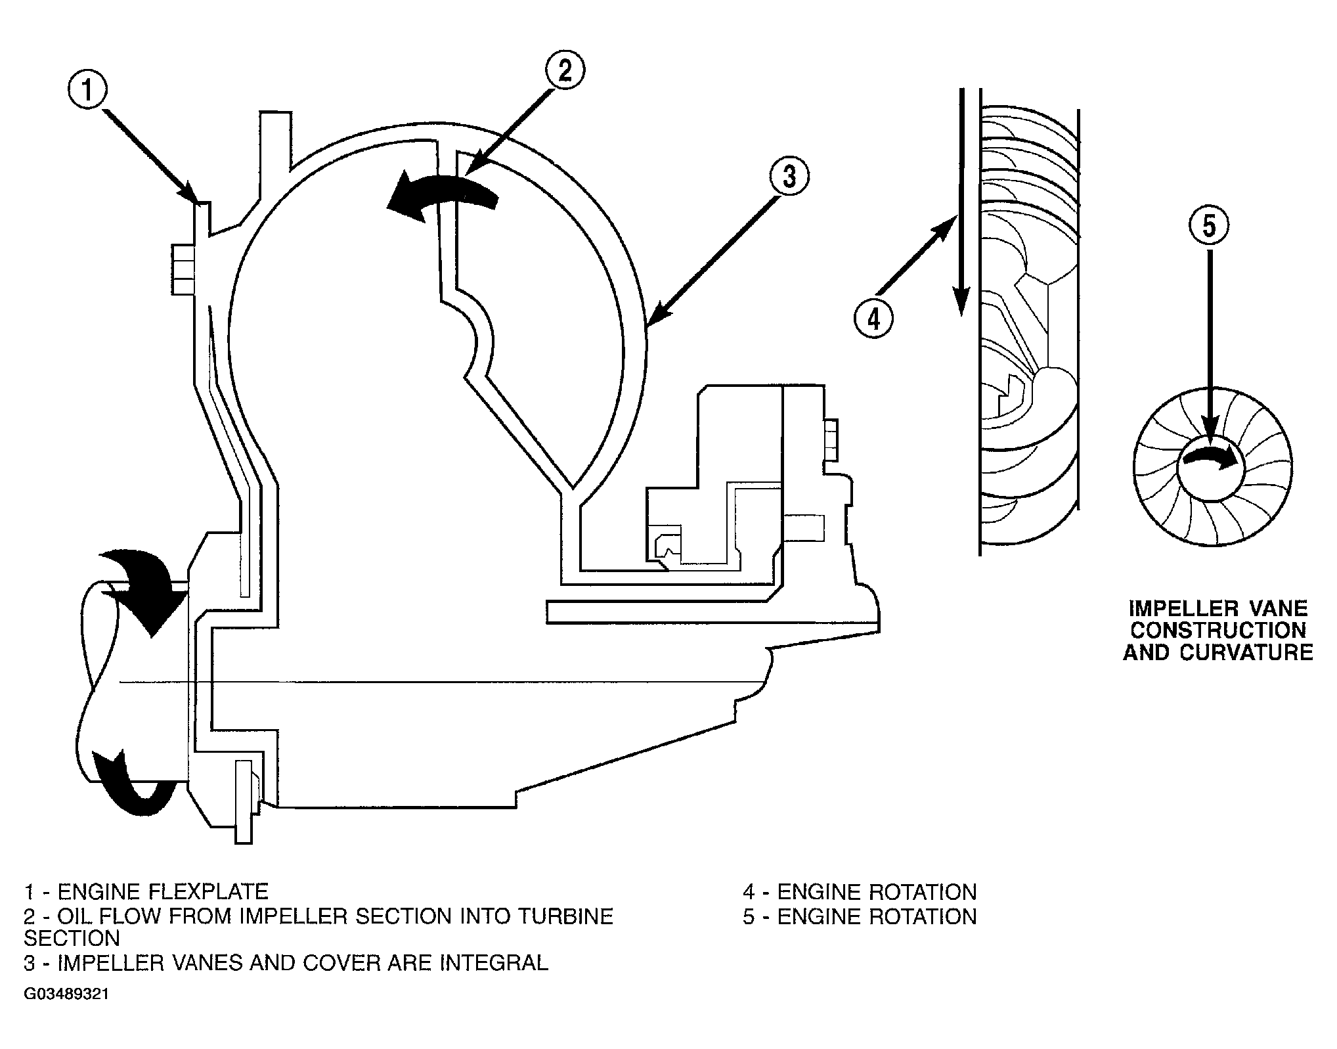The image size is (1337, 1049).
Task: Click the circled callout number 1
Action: click(88, 91)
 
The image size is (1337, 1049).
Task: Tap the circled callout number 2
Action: click(565, 71)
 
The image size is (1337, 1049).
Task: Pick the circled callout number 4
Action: click(873, 319)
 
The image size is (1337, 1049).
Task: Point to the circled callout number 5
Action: click(1209, 225)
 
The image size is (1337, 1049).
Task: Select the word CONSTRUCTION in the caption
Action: click(1217, 630)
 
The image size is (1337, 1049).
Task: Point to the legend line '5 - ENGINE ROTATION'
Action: click(860, 916)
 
